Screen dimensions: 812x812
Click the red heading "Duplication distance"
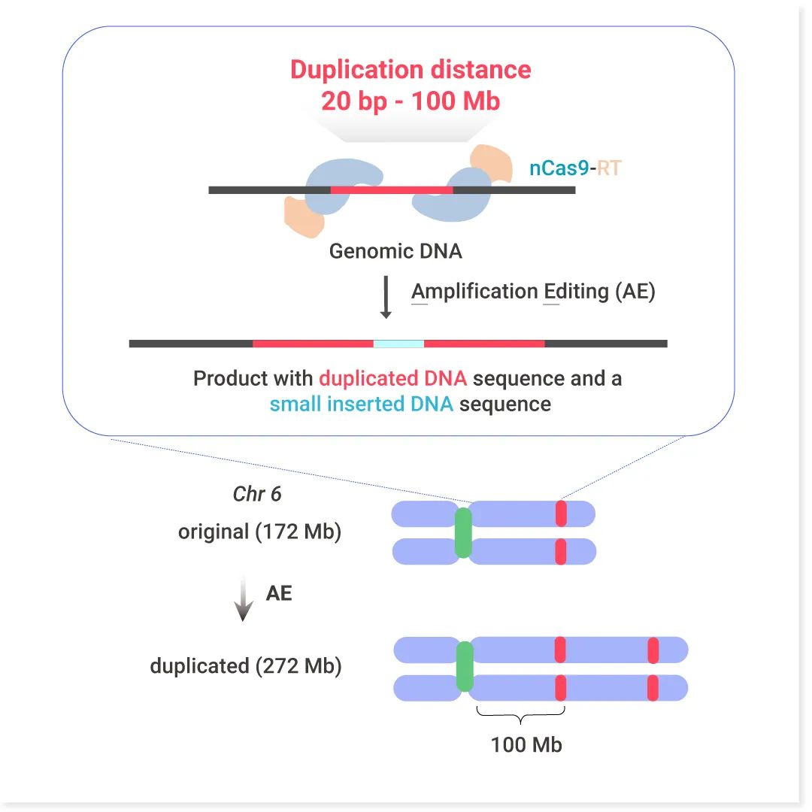[x=411, y=70]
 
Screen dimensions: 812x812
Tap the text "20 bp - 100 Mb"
[x=411, y=101]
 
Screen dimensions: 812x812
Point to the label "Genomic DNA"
[x=395, y=250]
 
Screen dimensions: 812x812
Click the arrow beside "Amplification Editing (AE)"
[x=386, y=297]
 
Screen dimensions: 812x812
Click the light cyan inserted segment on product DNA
[x=398, y=344]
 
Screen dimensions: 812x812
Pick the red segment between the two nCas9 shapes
[x=392, y=190]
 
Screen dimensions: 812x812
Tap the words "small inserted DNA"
[x=362, y=404]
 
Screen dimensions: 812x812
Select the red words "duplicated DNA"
[x=392, y=377]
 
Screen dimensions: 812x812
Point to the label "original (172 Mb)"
[x=259, y=532]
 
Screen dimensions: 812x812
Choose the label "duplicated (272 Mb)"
[x=246, y=666]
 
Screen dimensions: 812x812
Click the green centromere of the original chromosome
[x=463, y=532]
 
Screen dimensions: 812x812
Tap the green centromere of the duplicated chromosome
[x=465, y=667]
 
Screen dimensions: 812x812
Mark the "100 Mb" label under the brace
[x=526, y=745]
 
